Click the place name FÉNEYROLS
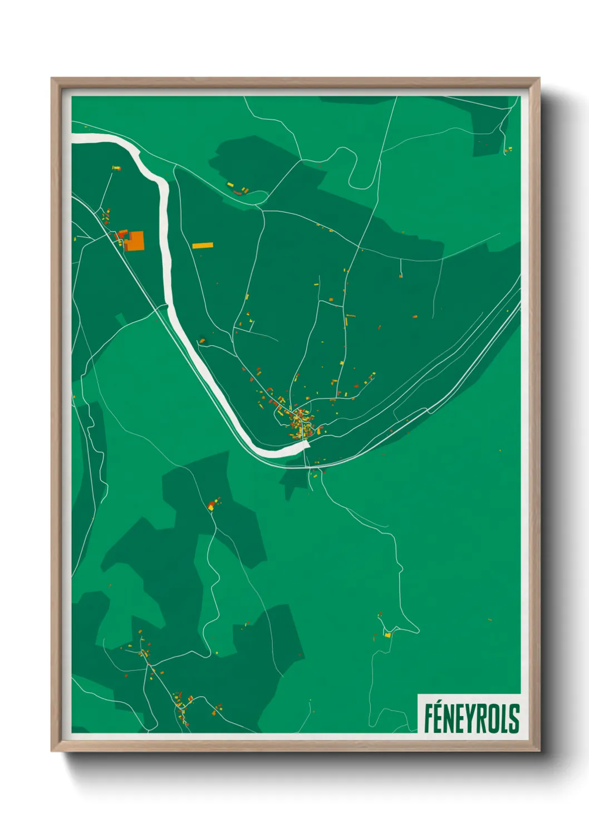tap(471, 718)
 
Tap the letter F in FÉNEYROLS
tap(429, 719)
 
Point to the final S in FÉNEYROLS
tap(514, 719)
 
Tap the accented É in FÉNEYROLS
tap(439, 718)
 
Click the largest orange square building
tap(136, 241)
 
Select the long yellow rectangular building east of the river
tap(203, 245)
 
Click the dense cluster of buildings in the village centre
tap(300, 419)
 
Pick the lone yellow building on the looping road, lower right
tap(387, 634)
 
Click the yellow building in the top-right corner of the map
tap(508, 149)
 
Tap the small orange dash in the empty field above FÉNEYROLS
tap(490, 619)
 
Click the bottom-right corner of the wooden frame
tap(539, 751)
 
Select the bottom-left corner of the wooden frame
tap(52, 751)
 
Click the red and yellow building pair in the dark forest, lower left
tap(212, 506)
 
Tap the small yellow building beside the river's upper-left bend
tap(116, 168)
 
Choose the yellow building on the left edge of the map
tap(75, 239)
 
